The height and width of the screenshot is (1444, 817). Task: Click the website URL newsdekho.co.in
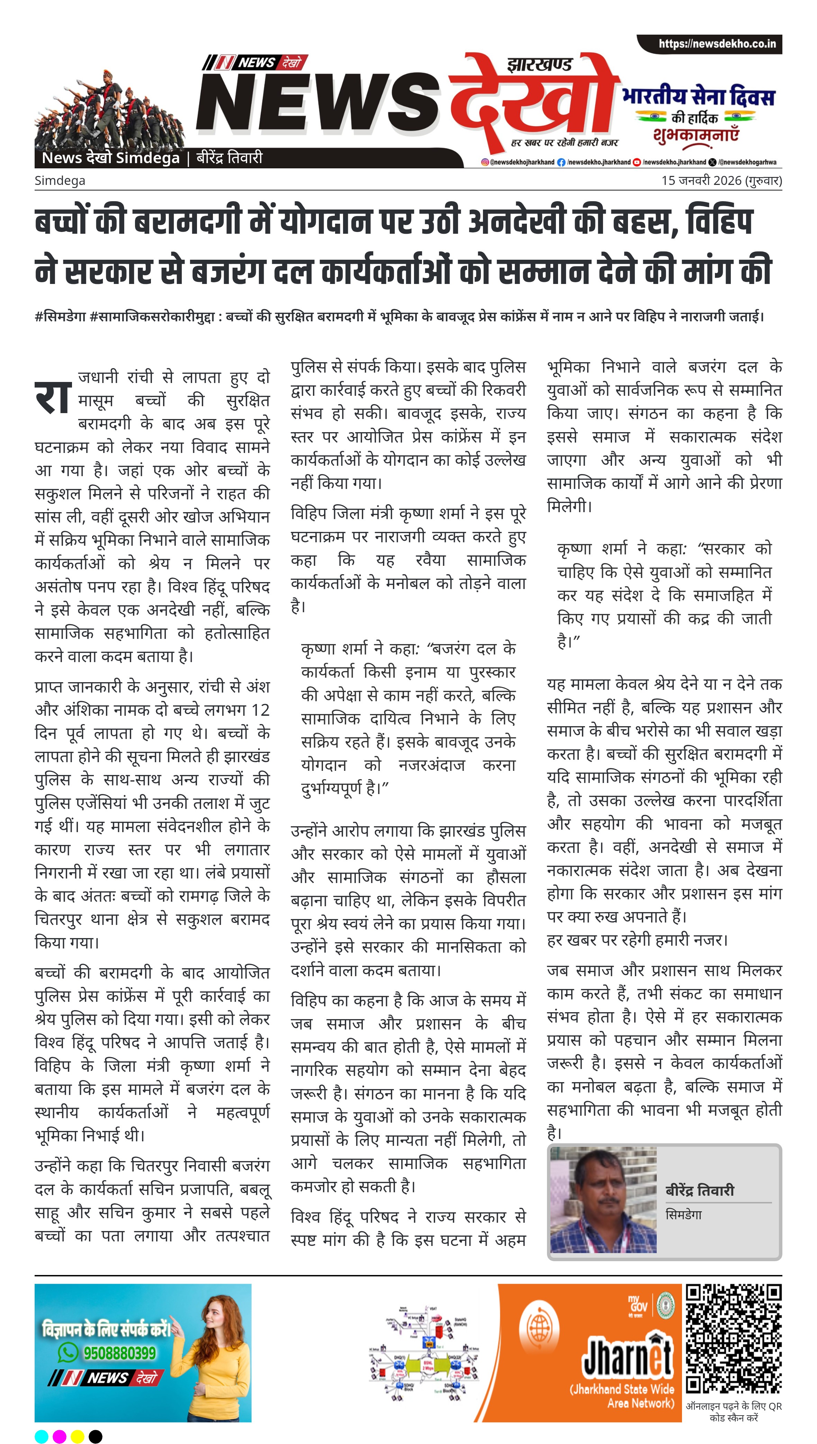(x=717, y=44)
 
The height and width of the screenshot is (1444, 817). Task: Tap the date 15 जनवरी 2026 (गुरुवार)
(x=721, y=181)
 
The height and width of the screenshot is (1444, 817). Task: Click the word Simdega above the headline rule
(x=60, y=181)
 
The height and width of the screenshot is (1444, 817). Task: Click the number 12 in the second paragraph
(x=260, y=710)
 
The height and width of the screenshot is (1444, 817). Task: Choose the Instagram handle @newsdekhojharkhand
(x=519, y=162)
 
